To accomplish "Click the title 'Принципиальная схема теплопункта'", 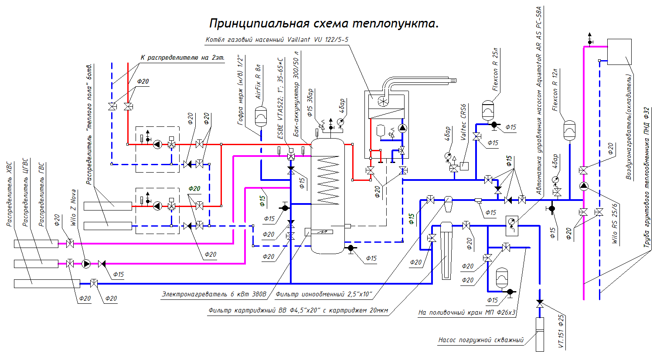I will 323,23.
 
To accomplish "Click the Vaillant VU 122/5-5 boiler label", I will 277,40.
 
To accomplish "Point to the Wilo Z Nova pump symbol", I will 86,264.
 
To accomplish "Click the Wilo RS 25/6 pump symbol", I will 584,187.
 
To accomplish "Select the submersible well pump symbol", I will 540,334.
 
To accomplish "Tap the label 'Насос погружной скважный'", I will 480,340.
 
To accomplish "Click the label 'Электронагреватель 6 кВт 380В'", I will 214,294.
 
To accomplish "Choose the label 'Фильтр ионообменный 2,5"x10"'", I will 323,294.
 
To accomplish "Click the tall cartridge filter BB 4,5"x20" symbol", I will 446,251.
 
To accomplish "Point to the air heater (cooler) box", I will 619,52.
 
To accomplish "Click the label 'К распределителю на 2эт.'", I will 182,58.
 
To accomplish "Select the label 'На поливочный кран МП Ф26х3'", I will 466,312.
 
